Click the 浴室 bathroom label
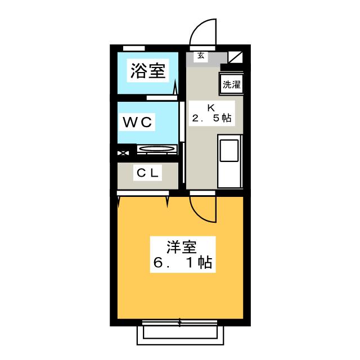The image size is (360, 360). [x=148, y=71]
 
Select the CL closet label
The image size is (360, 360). [x=147, y=174]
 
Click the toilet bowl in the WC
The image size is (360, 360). [x=157, y=150]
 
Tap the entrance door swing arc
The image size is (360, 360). [x=203, y=34]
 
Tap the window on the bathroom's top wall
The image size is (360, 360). [x=134, y=47]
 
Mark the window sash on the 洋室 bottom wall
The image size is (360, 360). [x=180, y=322]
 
